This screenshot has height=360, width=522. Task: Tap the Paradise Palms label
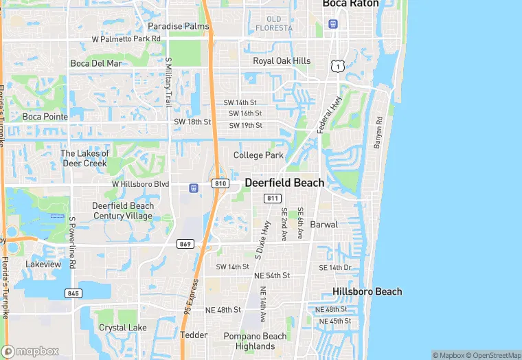click(179, 26)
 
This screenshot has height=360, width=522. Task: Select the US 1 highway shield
click(337, 65)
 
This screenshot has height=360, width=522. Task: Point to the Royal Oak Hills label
click(282, 61)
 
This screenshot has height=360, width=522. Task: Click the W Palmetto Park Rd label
click(126, 39)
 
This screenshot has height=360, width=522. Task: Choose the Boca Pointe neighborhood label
click(45, 117)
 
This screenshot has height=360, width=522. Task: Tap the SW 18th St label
click(192, 122)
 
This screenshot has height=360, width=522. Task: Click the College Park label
click(258, 155)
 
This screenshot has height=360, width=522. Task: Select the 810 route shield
click(220, 183)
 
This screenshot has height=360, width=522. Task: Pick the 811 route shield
click(273, 199)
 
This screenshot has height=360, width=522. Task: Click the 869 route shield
click(184, 244)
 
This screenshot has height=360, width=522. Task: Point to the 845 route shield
click(73, 293)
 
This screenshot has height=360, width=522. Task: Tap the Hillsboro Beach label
click(367, 291)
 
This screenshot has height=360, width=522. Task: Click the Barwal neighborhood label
click(324, 225)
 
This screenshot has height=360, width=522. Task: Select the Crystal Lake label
click(122, 328)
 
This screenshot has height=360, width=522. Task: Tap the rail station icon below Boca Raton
click(333, 24)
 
